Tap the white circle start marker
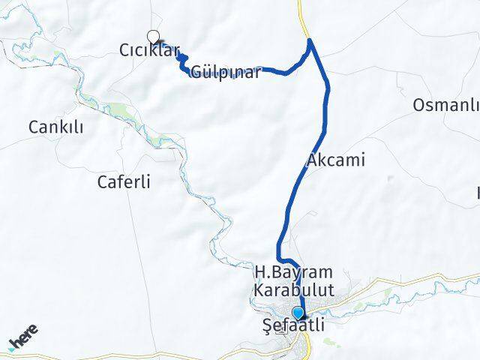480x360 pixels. [154, 35]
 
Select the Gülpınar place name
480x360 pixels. [226, 73]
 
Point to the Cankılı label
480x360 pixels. [55, 127]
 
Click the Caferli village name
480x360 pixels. [124, 181]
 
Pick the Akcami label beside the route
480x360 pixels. [335, 159]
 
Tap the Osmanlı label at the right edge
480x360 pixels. [445, 105]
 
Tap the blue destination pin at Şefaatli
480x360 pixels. [299, 313]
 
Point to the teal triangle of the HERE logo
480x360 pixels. [13, 346]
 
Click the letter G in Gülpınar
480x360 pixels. [196, 73]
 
